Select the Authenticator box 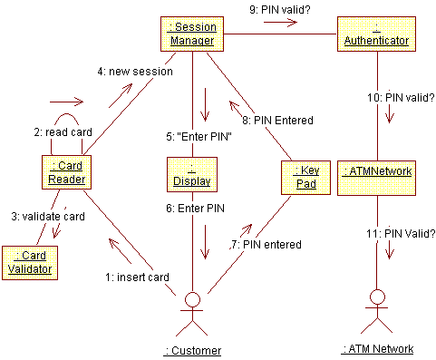[x=376, y=34]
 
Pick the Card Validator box [x=29, y=261]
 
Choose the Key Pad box [x=303, y=177]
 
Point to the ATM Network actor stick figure [x=377, y=309]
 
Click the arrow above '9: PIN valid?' [x=280, y=24]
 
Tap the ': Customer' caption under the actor [x=193, y=350]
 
